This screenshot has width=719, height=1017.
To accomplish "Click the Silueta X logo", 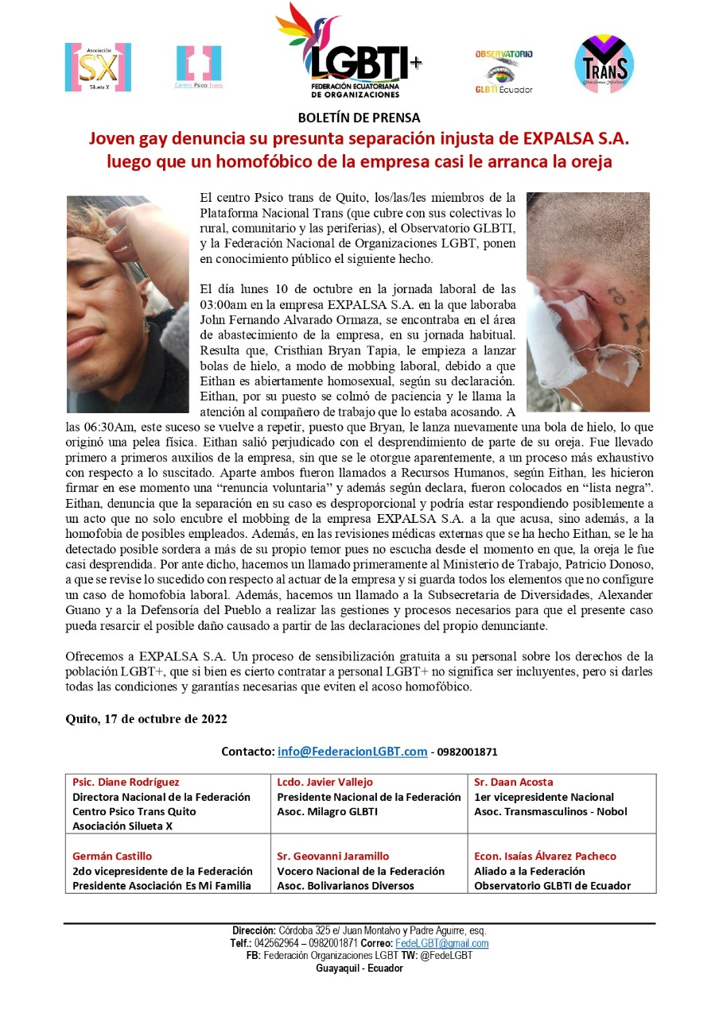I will pos(98,68).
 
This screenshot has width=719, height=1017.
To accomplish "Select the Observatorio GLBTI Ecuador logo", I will pos(504,72).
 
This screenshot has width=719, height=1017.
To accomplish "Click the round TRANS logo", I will pos(604,64).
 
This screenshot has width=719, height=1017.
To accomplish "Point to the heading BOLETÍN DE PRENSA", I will pos(359,118).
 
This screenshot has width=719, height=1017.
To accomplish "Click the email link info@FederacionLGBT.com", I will pos(352,752).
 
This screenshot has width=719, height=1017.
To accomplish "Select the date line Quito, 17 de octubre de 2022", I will pos(146,719).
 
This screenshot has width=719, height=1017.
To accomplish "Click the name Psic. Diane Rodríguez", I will pos(126,783).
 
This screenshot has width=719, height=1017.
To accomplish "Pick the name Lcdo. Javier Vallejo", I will pos(325,783).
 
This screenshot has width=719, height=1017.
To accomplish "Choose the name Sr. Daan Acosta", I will pos(514,783).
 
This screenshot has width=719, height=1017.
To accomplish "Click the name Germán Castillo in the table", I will pos(112,857).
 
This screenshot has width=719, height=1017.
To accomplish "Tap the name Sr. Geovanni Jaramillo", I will pos(333,857).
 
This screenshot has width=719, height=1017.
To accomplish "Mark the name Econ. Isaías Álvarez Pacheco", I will pos(545,857).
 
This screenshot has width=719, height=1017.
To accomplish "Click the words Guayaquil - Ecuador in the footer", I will pos(359,969).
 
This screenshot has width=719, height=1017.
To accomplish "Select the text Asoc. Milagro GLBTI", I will pos(327,812).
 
